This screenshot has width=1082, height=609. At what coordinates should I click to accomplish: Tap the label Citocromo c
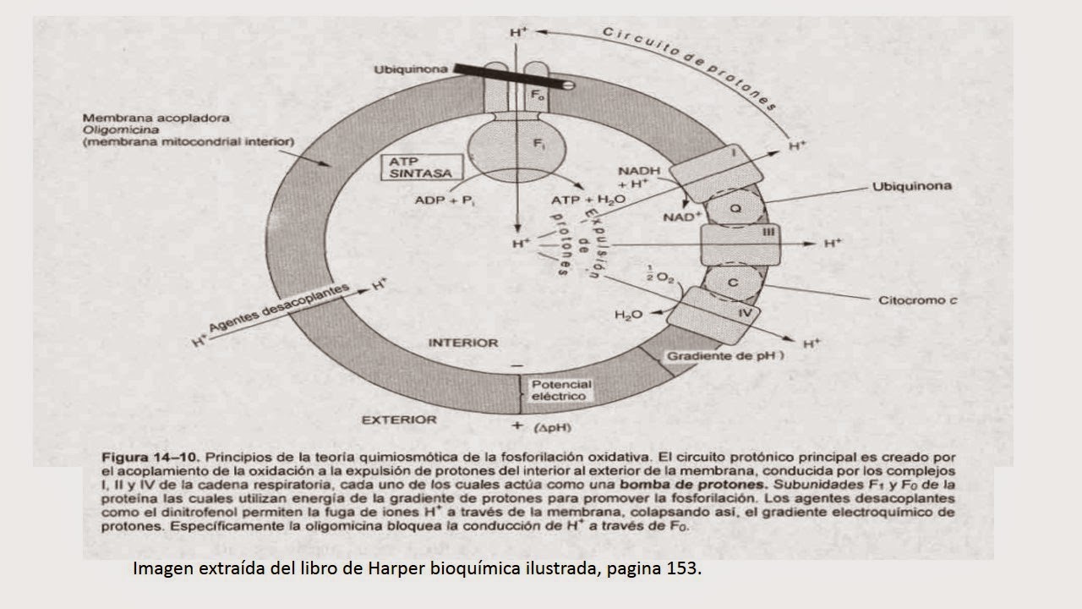point(917,299)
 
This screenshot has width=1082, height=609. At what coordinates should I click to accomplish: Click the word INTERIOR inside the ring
point(463,343)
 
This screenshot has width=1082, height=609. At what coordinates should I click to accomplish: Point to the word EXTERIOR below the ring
point(399,420)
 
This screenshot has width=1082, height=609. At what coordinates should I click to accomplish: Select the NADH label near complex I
point(644,170)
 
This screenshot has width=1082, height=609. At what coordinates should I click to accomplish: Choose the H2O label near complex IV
point(629,315)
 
